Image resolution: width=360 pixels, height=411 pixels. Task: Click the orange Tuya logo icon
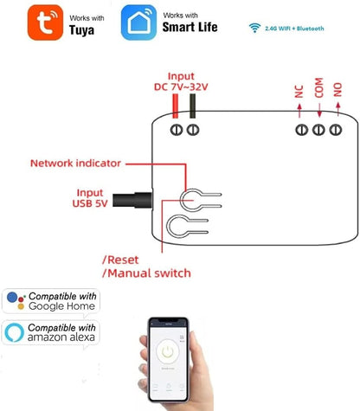(45, 22)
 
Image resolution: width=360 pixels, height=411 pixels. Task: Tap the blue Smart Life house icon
(138, 22)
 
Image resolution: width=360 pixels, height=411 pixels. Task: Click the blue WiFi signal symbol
(254, 28)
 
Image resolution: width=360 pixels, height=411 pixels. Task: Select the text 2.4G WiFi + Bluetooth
(294, 29)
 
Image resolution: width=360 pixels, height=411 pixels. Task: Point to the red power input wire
(175, 106)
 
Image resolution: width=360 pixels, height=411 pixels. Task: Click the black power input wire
(192, 106)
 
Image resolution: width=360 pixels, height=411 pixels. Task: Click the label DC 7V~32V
(181, 87)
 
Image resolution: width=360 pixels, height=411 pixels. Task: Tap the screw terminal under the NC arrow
(302, 130)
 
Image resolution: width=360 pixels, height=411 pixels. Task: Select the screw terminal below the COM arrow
(318, 130)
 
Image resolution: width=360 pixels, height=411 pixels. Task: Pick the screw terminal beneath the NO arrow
(336, 130)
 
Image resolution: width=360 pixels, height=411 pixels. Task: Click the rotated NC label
(299, 92)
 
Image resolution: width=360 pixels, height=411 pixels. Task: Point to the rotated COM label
(318, 87)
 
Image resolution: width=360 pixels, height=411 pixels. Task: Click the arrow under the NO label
(338, 109)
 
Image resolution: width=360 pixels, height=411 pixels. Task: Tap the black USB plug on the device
(132, 200)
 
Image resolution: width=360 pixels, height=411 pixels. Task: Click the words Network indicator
(75, 164)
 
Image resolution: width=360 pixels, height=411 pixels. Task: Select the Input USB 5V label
(90, 198)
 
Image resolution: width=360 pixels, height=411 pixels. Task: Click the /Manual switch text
(146, 273)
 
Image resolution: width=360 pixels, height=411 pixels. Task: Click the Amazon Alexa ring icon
(14, 332)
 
